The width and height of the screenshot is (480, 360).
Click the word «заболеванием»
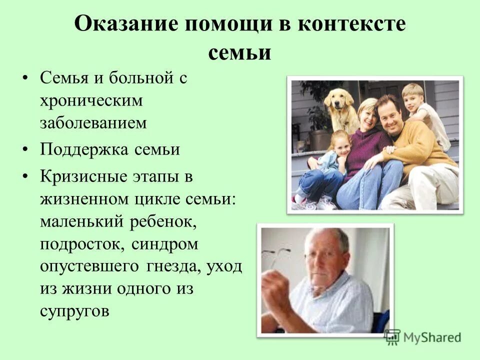tap(93, 123)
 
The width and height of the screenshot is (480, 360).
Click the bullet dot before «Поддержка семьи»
tap(25, 150)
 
